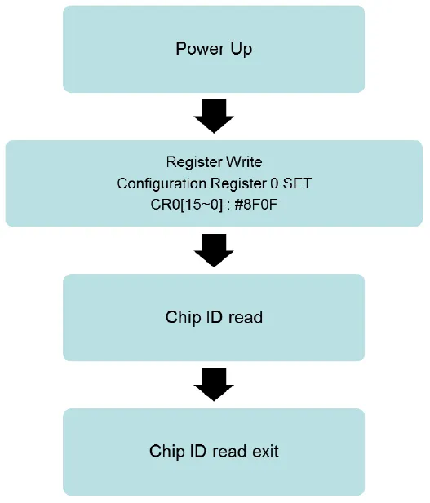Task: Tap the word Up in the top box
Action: (241, 50)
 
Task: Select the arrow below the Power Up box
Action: (214, 116)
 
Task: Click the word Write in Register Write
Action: (244, 161)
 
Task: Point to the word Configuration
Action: (162, 183)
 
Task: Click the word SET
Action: (297, 183)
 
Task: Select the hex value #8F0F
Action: (256, 205)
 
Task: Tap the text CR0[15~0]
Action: (186, 205)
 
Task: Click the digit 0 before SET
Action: (274, 183)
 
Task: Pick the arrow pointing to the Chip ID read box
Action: (214, 250)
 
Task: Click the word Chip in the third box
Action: (182, 318)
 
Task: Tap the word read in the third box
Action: (246, 317)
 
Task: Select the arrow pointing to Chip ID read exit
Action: (214, 384)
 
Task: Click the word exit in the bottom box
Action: (265, 451)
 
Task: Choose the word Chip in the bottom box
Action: (166, 452)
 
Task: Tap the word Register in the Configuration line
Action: (238, 184)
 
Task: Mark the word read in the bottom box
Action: (229, 451)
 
